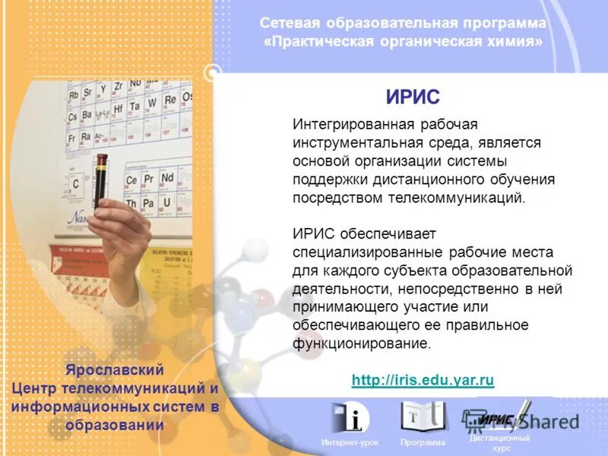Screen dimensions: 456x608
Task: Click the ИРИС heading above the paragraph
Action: click(413, 97)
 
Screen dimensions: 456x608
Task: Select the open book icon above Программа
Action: click(423, 416)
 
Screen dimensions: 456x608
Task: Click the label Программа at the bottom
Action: click(423, 442)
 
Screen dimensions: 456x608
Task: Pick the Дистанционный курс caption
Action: click(499, 443)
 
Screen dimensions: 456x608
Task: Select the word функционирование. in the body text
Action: click(362, 343)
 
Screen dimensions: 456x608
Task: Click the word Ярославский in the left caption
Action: click(114, 370)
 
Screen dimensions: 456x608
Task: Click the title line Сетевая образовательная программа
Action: click(403, 24)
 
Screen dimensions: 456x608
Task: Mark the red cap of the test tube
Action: click(101, 157)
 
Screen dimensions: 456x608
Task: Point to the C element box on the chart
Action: click(75, 184)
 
